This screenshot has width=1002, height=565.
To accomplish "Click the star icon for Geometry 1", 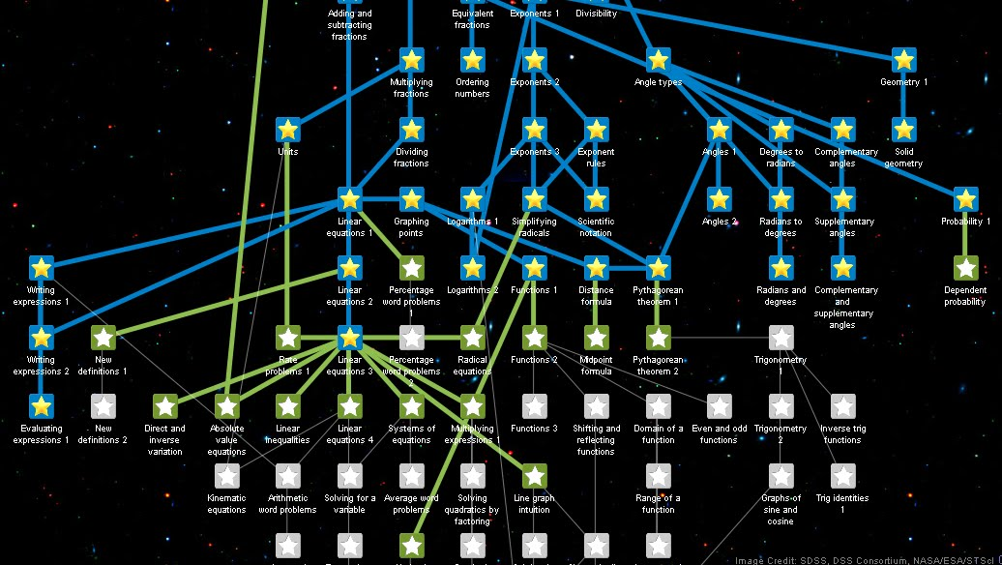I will coord(904,60).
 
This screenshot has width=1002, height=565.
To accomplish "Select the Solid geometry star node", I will coord(904,130).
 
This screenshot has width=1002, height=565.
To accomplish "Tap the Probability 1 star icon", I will coord(966,199).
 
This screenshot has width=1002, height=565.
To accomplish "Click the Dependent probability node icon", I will coord(966,268).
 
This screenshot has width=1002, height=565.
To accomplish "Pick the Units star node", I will coord(288,130).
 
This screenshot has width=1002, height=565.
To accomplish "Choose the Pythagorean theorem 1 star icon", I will coord(659,268).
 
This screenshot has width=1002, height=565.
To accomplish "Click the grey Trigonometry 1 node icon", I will coord(781,338).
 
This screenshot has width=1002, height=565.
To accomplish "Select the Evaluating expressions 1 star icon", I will coord(41,406).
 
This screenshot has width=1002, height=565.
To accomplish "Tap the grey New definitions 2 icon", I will coord(103,406).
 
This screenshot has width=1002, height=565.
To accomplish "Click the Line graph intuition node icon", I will coord(535,476).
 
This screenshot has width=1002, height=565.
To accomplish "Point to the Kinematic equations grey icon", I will coord(226,476).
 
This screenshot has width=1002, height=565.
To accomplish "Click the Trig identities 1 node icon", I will coord(843,476).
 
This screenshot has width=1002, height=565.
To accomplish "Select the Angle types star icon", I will coord(659,60).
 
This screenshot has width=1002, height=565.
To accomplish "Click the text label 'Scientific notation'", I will coord(596,226).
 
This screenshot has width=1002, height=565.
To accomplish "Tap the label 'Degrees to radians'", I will coord(781,158).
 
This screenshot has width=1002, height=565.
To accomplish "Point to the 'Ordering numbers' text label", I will coord(472,88).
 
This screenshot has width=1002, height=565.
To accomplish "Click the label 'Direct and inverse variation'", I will coord(164,439).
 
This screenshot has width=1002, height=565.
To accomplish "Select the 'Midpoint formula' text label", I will coord(596,366).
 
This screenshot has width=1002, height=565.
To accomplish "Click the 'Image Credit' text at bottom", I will coord(866,560).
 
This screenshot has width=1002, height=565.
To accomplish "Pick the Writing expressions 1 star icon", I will coord(41,268).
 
